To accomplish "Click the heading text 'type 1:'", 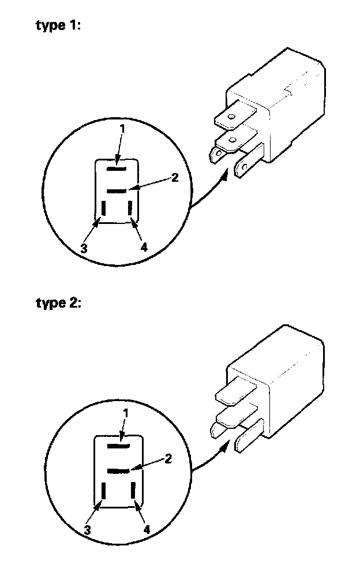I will pyautogui.click(x=58, y=27).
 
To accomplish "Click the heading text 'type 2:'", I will pyautogui.click(x=58, y=304).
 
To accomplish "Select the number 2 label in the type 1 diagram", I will pyautogui.click(x=175, y=178).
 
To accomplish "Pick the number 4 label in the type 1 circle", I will pyautogui.click(x=144, y=248).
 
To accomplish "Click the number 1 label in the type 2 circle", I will pyautogui.click(x=126, y=413).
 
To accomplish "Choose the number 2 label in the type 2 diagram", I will pyautogui.click(x=168, y=459).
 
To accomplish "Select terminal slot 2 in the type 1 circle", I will pyautogui.click(x=116, y=190).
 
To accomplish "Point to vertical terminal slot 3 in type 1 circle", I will pyautogui.click(x=103, y=209).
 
